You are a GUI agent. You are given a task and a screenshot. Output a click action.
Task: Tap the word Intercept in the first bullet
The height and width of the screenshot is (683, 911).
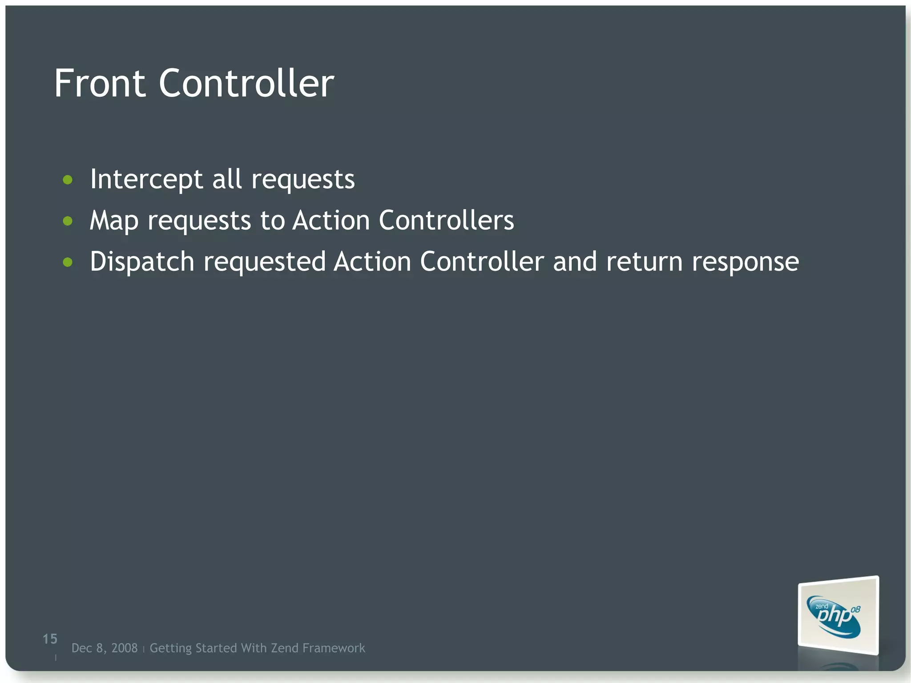click(x=146, y=179)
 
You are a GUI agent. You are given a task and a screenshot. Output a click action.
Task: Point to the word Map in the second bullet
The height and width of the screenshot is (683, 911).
click(x=114, y=221)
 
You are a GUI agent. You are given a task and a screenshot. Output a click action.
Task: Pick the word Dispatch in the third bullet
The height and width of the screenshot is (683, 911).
click(x=142, y=262)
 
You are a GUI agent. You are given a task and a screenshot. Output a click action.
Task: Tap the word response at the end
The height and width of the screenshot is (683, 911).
click(x=745, y=263)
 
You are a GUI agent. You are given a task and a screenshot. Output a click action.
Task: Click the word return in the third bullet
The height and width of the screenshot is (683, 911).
click(x=644, y=262)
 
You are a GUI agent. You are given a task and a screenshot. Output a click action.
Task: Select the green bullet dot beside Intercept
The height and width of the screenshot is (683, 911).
click(x=68, y=180)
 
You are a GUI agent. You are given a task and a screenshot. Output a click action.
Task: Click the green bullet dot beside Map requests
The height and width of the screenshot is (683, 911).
click(x=68, y=221)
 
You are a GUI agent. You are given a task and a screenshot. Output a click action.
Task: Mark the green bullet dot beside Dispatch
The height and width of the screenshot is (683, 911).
click(x=68, y=263)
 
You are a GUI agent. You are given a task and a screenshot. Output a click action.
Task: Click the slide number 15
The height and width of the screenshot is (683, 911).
click(x=50, y=639)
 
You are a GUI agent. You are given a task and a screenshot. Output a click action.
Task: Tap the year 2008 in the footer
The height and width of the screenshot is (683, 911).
click(x=124, y=648)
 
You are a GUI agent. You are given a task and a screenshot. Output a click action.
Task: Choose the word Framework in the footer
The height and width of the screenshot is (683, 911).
click(x=334, y=648)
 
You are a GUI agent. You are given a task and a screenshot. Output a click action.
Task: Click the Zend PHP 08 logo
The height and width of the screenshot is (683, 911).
click(x=838, y=616)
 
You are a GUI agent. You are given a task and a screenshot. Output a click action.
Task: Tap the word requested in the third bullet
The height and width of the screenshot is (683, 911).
click(x=265, y=263)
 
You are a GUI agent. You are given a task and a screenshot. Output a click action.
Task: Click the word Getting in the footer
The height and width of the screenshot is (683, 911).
click(x=170, y=648)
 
